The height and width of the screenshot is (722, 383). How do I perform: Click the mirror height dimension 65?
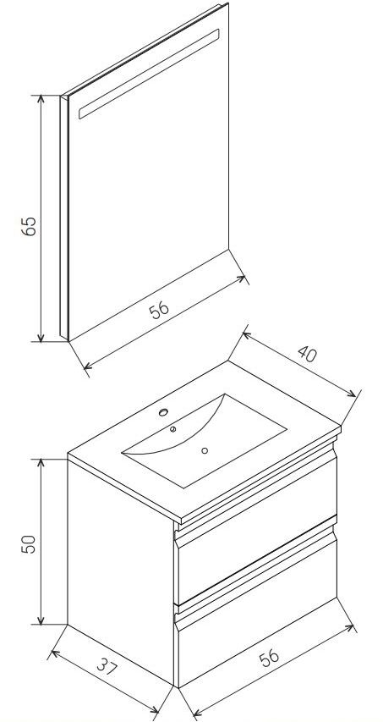30,226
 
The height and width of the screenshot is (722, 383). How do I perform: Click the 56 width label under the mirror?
159,310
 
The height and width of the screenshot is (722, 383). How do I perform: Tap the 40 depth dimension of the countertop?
307,353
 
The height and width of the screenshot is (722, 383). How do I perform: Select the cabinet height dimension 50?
30,543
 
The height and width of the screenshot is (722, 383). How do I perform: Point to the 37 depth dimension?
107,666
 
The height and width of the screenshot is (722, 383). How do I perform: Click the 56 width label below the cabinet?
269,657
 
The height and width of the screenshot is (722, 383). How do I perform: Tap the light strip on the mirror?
149,74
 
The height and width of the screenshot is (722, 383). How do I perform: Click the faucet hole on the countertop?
163,412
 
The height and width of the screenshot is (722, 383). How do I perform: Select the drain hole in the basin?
205,450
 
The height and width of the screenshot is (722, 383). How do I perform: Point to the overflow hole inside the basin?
172,429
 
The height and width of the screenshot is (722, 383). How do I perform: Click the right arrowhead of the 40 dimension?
352,394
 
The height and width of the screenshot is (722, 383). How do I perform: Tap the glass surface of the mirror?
149,185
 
